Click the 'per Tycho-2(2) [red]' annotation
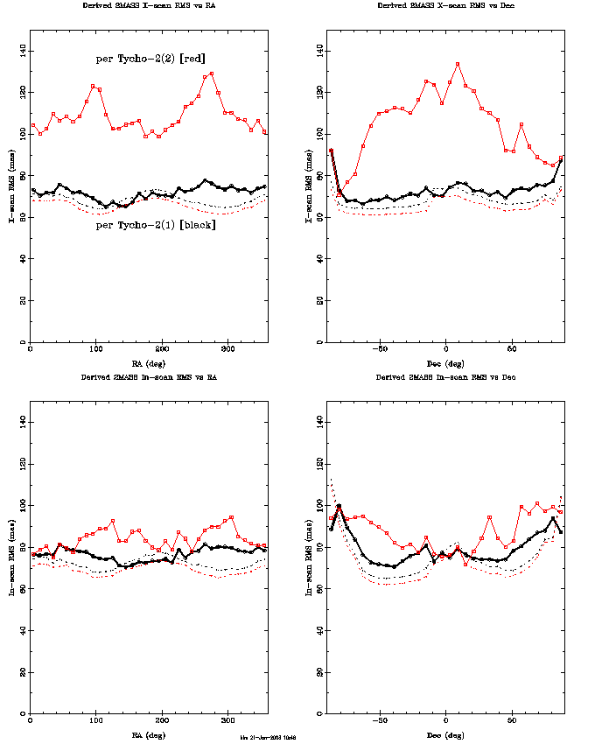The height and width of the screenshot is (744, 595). (150, 59)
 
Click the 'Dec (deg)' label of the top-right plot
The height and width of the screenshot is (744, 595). (445, 361)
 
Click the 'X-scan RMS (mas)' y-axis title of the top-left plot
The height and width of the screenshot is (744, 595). (11, 186)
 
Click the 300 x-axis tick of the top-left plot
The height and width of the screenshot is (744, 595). (227, 349)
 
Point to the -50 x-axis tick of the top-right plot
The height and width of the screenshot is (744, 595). (379, 349)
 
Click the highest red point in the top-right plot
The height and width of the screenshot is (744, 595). (458, 64)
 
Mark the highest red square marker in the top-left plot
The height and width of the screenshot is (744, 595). (212, 74)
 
